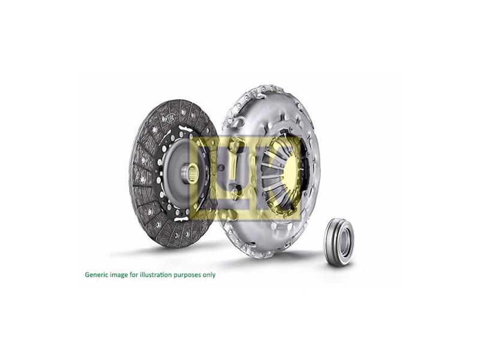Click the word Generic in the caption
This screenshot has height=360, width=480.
tap(97, 275)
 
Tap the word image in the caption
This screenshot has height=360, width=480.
tap(118, 275)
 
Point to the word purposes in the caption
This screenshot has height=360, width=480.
tap(187, 275)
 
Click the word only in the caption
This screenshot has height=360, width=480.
tap(209, 275)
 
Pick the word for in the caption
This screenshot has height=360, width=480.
tap(133, 275)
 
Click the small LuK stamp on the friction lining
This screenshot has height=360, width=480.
tap(169, 117)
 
